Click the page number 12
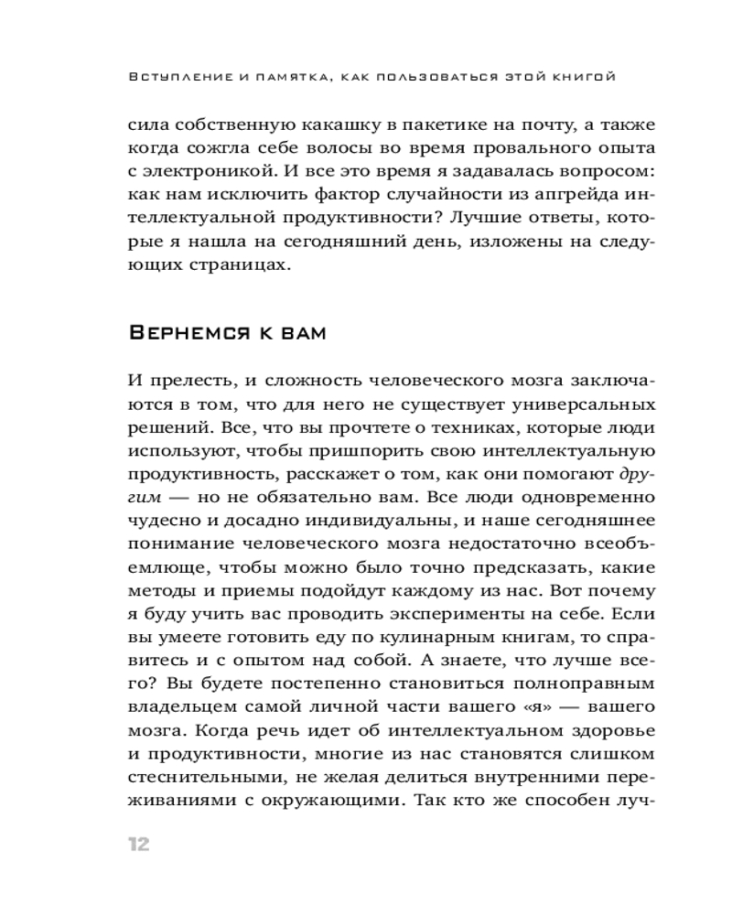[x=135, y=843]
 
